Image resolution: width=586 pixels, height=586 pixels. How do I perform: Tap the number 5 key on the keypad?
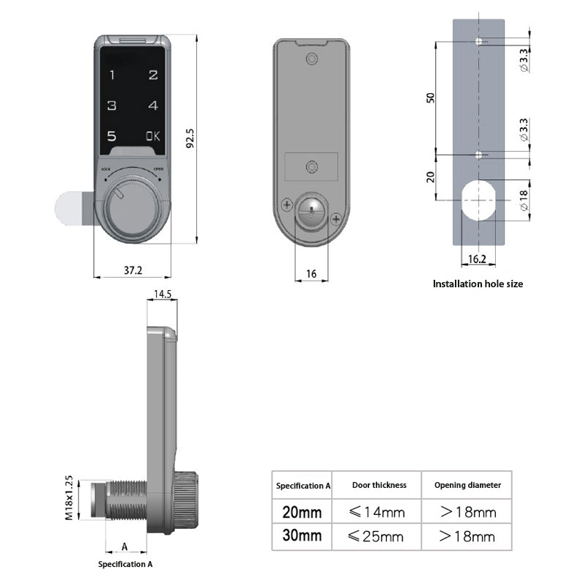(x=111, y=136)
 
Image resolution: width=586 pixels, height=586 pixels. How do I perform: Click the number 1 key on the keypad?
(x=112, y=75)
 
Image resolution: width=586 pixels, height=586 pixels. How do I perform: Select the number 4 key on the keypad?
(x=152, y=105)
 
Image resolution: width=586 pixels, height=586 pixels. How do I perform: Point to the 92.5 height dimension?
(x=190, y=139)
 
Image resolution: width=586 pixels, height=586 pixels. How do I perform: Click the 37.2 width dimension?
(x=133, y=270)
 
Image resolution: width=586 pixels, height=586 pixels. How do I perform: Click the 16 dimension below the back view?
(x=311, y=273)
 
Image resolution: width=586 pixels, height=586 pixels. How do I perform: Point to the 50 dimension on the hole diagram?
(x=431, y=97)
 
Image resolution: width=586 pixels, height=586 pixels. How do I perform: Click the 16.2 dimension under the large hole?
(x=477, y=259)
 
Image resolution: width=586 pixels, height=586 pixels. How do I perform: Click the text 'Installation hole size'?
(x=478, y=283)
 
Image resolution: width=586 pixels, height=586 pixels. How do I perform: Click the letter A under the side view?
(x=125, y=546)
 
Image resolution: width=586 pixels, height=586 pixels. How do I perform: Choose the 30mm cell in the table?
(x=302, y=535)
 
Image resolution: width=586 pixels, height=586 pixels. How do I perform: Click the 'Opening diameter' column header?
(x=467, y=485)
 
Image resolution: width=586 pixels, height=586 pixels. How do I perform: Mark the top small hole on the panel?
(x=479, y=41)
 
